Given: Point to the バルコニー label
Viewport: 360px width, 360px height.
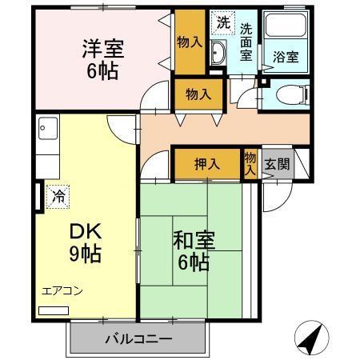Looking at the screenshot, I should point(138,338).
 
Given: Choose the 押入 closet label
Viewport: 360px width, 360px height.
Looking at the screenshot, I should point(207,164).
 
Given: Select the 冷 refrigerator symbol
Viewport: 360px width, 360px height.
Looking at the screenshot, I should point(58,194).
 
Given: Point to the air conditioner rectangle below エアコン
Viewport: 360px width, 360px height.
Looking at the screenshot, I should point(54,310).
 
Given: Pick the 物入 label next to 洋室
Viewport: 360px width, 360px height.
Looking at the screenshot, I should point(189,41).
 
